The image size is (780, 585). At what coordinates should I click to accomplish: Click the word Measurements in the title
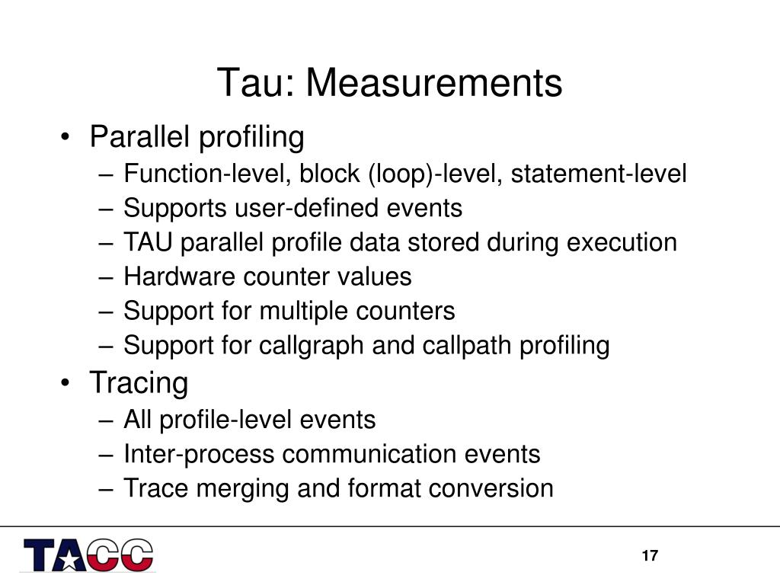click(x=433, y=82)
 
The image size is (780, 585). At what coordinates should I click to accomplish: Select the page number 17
click(x=650, y=555)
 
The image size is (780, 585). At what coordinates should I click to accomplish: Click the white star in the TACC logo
click(x=69, y=560)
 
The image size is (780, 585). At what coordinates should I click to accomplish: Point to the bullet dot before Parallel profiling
click(x=65, y=136)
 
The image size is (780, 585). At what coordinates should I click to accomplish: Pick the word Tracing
click(x=139, y=384)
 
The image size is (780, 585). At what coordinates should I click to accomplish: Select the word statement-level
click(x=599, y=174)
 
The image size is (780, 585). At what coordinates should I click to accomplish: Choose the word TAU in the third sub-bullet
click(x=148, y=242)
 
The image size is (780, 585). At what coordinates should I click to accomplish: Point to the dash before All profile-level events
click(x=106, y=420)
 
